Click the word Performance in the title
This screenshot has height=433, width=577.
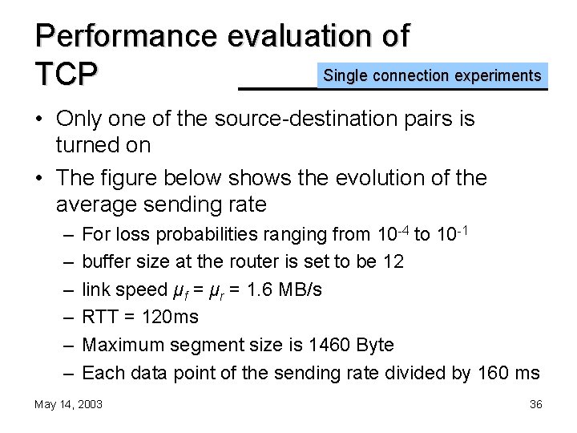pos(127,36)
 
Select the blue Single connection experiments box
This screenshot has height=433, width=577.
pos(432,76)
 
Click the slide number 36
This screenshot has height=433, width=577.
pos(536,404)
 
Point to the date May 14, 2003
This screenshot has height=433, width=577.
pos(68,404)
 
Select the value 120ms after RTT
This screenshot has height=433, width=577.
pos(170,318)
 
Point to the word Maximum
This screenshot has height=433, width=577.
pos(121,346)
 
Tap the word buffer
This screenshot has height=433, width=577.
pos(103,261)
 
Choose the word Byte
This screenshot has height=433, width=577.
pos(375,346)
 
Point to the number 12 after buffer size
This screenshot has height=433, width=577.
pos(393,261)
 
